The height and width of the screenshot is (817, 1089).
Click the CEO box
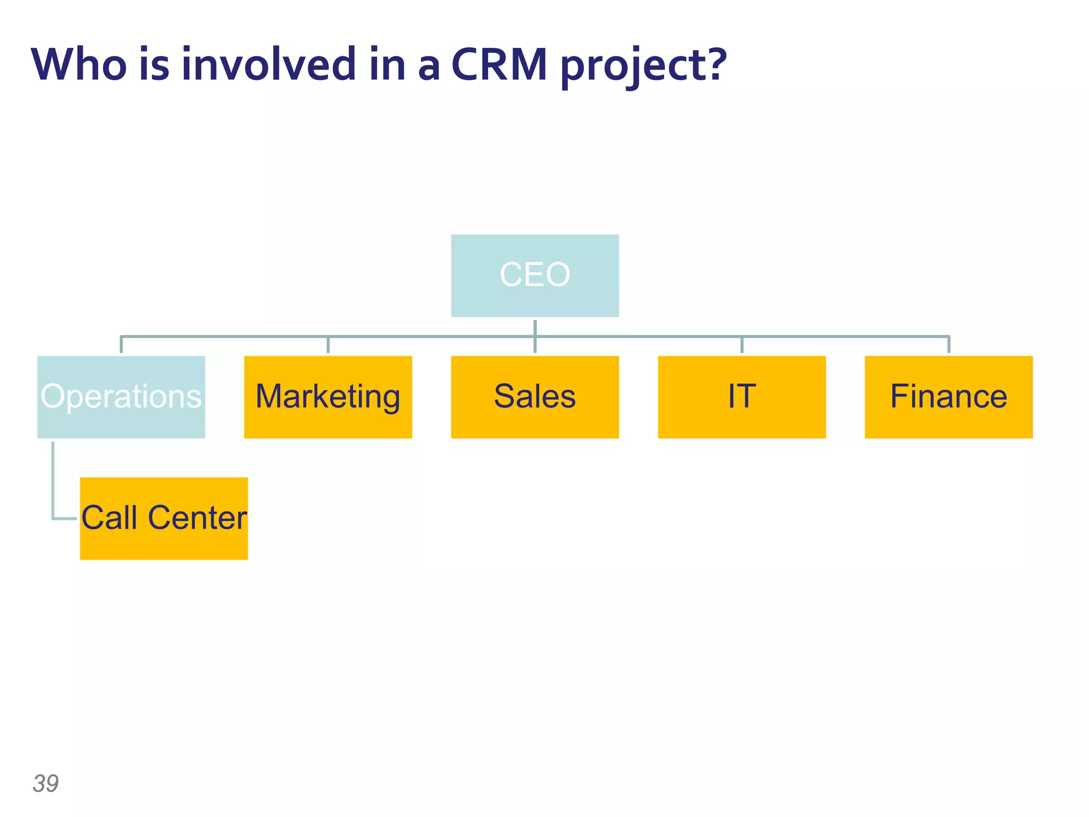[534, 276]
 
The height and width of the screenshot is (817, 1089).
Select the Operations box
[121, 397]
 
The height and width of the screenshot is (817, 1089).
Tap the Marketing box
[328, 397]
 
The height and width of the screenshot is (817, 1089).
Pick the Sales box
[534, 397]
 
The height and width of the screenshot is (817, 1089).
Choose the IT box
[741, 397]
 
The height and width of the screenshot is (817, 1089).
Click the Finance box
[948, 397]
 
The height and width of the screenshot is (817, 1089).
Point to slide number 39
[46, 783]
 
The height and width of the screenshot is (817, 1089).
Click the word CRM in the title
[499, 65]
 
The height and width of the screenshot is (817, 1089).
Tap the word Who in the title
[79, 65]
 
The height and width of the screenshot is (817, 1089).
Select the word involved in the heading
[269, 65]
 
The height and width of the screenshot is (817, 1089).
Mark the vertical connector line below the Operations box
[53, 479]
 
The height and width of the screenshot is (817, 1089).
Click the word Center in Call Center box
[197, 518]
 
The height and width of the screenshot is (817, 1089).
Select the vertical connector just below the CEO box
[535, 327]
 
